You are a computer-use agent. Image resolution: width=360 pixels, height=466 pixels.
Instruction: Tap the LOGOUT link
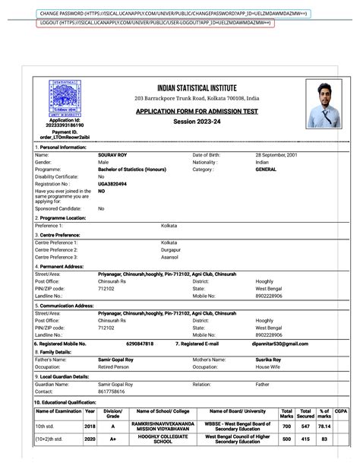coord(155,24)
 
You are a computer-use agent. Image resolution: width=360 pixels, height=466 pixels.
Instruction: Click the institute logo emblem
coord(65,99)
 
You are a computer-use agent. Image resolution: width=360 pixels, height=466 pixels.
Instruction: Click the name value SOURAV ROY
coord(113,155)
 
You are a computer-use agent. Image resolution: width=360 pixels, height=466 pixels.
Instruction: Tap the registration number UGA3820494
coord(112,184)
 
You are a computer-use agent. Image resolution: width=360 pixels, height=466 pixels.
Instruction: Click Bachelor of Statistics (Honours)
coord(132,170)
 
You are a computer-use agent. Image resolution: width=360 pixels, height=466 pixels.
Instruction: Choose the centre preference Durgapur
coord(171,249)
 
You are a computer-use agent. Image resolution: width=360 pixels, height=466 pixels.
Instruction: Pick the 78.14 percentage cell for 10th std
coord(324,427)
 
